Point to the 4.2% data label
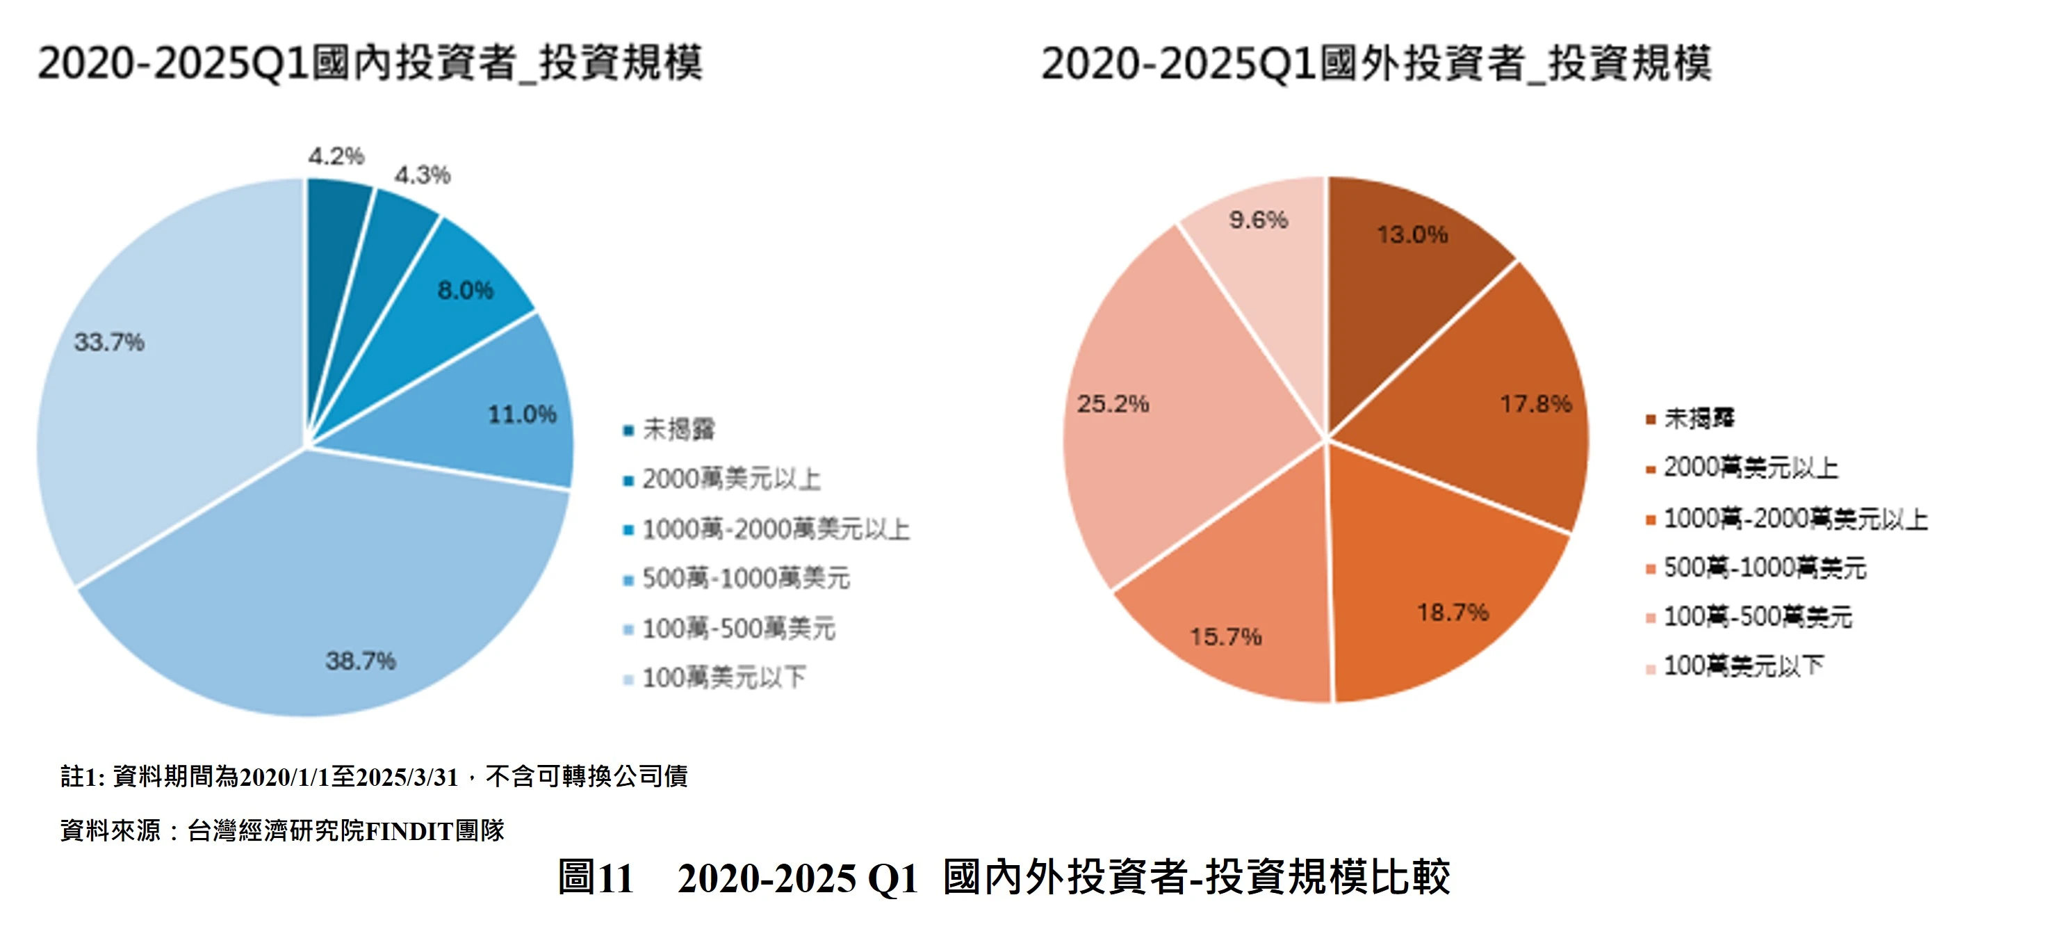(336, 156)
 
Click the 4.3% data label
(423, 175)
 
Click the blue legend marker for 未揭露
(628, 431)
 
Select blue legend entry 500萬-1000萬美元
(744, 579)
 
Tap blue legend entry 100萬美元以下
(723, 678)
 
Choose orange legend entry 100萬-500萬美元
(1757, 617)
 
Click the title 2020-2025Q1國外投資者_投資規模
(1375, 64)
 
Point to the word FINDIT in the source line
(409, 831)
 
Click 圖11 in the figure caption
(596, 878)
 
